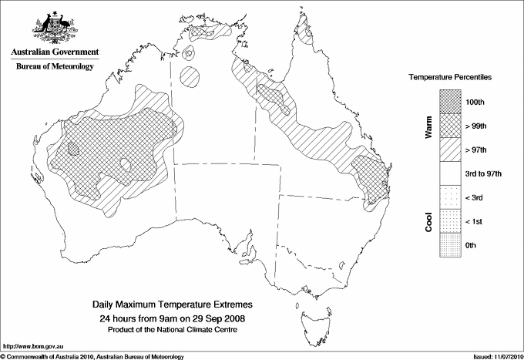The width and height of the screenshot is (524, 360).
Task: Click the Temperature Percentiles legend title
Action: click(x=450, y=79)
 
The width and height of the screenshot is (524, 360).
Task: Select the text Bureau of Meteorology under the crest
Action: click(x=55, y=66)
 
